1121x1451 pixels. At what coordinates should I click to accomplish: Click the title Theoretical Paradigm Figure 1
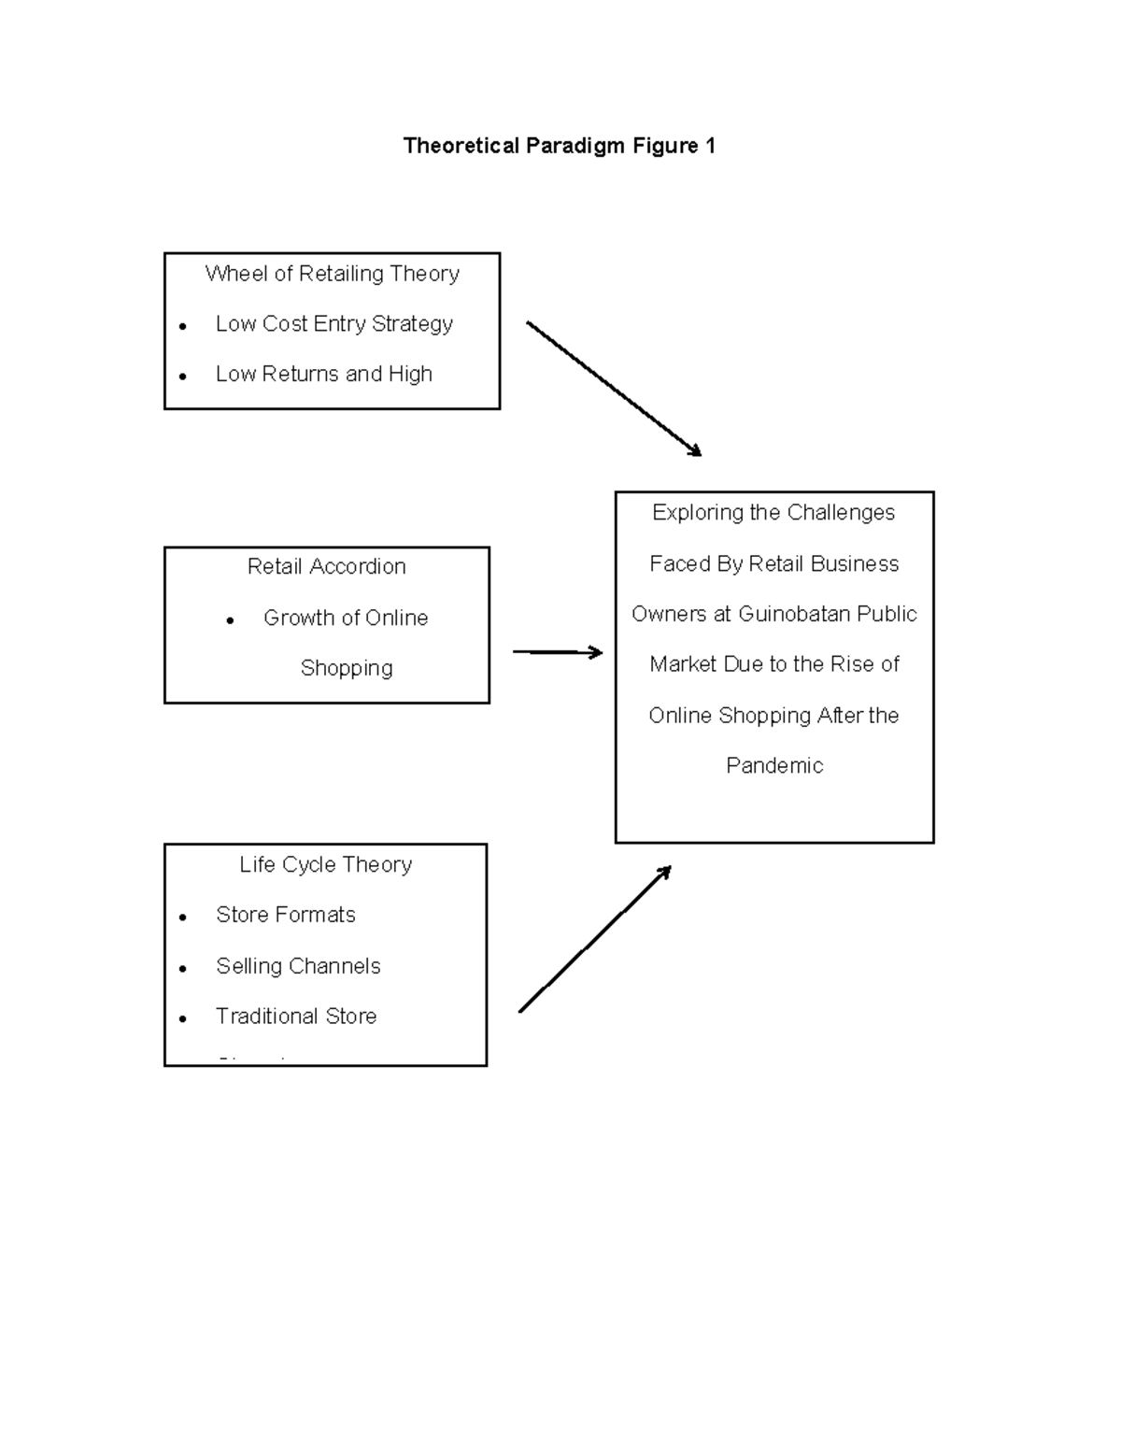tap(559, 146)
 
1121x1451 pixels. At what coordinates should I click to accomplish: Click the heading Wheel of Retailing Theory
tap(332, 274)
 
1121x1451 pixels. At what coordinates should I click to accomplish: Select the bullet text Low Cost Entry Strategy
tap(333, 324)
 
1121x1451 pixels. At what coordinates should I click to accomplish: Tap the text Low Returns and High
tap(323, 375)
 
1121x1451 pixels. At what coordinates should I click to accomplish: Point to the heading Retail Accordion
tap(326, 567)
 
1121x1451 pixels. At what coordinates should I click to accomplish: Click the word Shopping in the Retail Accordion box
tap(347, 669)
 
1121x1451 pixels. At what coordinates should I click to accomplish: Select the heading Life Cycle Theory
tap(325, 865)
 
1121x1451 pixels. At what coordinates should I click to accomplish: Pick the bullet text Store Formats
tap(285, 916)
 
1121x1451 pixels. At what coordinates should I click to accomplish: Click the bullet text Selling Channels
tap(298, 967)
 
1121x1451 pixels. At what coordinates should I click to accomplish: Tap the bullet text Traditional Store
tap(296, 1017)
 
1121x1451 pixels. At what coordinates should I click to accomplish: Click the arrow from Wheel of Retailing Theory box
tap(613, 388)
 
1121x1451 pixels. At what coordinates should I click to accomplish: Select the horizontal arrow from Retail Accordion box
tap(558, 652)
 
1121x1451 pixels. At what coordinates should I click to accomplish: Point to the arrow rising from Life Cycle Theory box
tap(594, 939)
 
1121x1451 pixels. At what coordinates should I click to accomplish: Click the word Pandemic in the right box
tap(774, 766)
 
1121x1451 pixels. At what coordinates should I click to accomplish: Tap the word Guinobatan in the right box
tap(794, 615)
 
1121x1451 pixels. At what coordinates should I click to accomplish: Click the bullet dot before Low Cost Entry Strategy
tap(183, 327)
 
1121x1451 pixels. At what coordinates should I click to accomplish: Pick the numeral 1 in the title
tap(710, 146)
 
